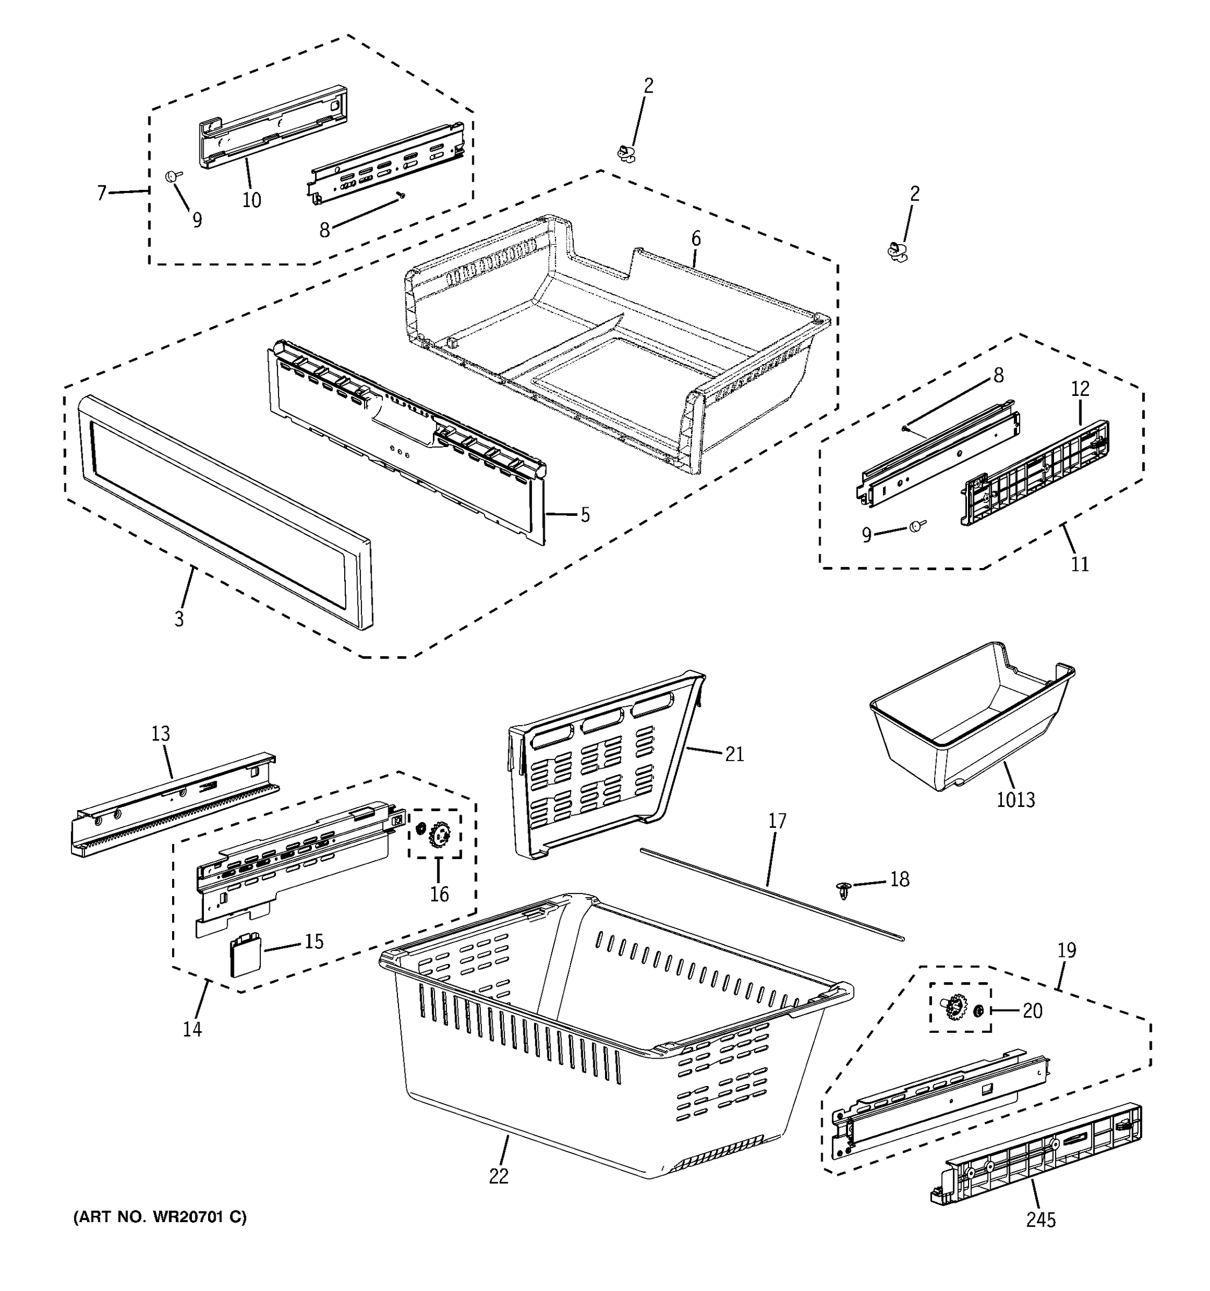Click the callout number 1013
coord(1016,799)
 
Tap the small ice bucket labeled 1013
coord(967,727)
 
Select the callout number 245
coord(1041,1220)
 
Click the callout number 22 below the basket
coord(499,1175)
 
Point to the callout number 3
coord(179,618)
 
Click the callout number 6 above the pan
coord(695,239)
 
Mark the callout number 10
coord(252,200)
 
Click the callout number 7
coord(101,193)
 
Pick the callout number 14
coord(192,1028)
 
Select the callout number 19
coord(1066,950)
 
